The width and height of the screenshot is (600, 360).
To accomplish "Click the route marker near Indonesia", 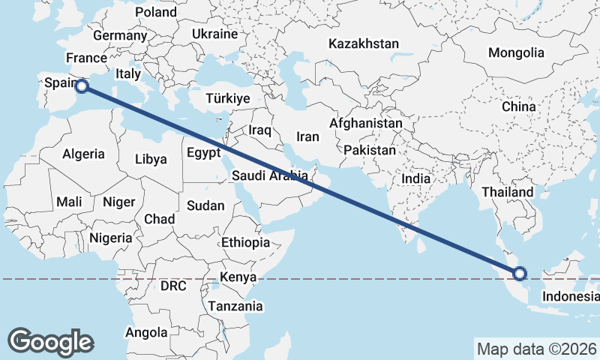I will click(519, 274).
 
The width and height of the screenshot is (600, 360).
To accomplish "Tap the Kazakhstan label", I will click(363, 44).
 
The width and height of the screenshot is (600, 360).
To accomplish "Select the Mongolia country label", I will click(515, 53).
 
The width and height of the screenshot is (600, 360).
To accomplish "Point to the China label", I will click(519, 107).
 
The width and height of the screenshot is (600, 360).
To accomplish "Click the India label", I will click(415, 179).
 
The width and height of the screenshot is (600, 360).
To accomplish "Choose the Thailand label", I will click(507, 192).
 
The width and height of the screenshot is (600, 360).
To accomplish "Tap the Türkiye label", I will click(228, 98).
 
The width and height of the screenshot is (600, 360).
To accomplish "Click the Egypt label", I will click(203, 153).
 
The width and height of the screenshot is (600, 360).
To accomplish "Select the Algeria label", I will click(83, 154).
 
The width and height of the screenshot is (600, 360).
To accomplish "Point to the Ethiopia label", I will click(245, 243).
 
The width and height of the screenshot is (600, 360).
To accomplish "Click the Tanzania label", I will click(235, 306).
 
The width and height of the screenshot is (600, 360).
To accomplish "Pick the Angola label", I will click(146, 332).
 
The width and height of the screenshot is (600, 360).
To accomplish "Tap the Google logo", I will click(50, 342).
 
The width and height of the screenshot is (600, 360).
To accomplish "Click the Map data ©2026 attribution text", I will click(536, 349).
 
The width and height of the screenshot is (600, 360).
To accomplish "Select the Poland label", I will click(156, 12).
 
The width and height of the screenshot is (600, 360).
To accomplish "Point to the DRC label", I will click(173, 286).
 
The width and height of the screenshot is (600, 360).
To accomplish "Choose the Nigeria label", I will click(110, 238).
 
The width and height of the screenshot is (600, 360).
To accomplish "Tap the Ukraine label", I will click(214, 34).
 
